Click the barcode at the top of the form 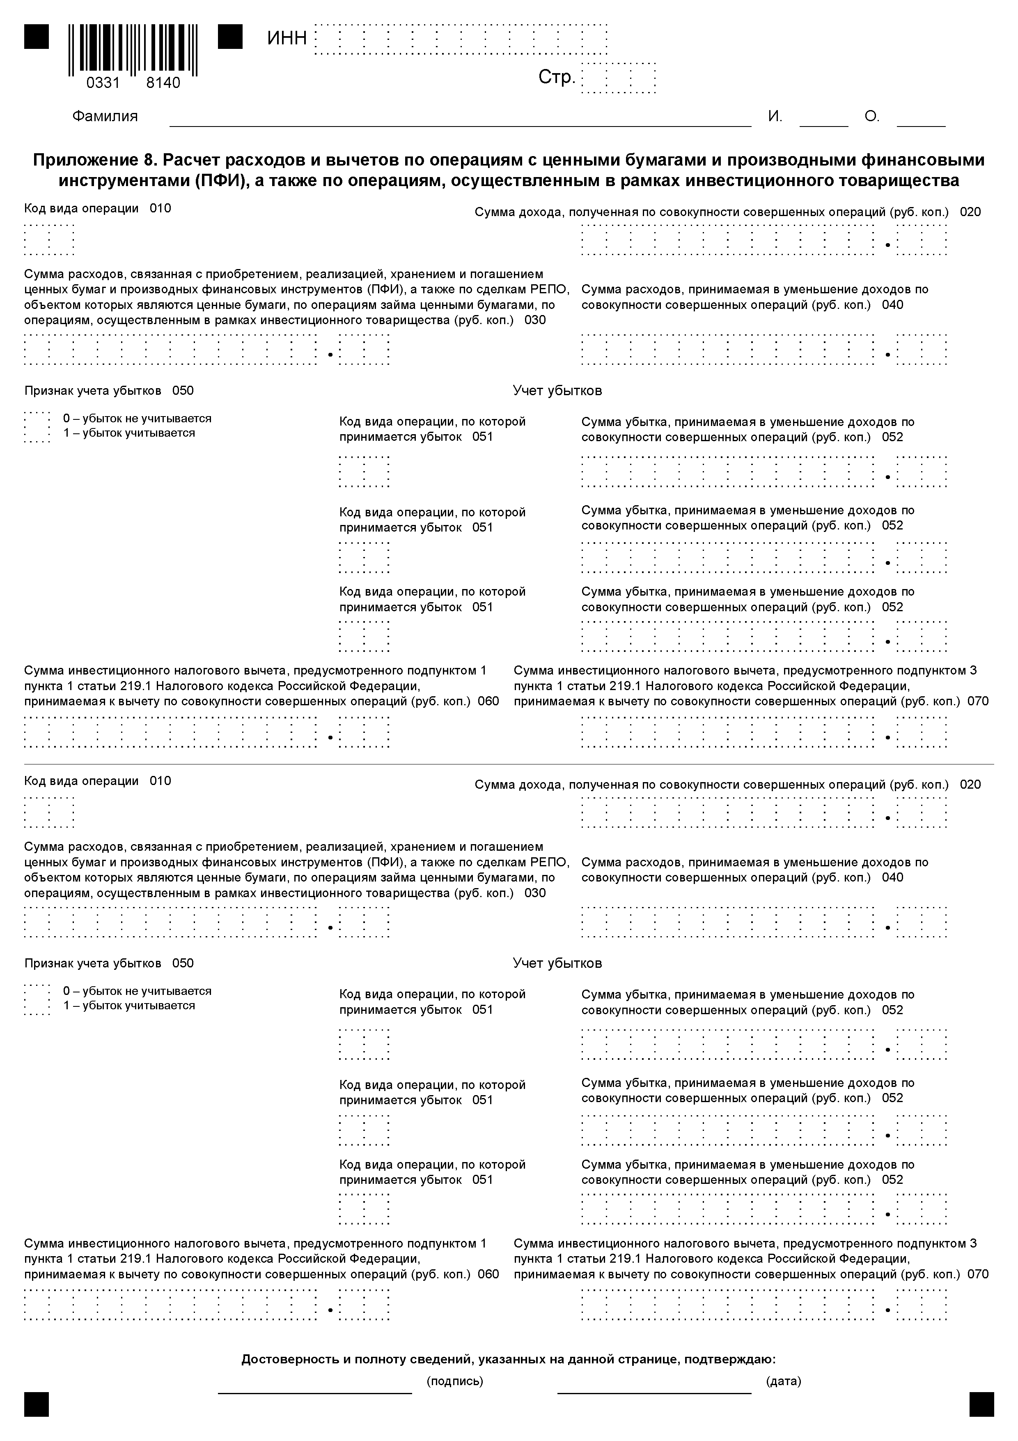tap(133, 48)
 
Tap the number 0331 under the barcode tap(103, 83)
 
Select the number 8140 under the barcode tap(163, 83)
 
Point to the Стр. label tap(556, 77)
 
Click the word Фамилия tap(105, 117)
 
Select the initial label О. tap(872, 117)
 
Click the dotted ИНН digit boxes tap(461, 39)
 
